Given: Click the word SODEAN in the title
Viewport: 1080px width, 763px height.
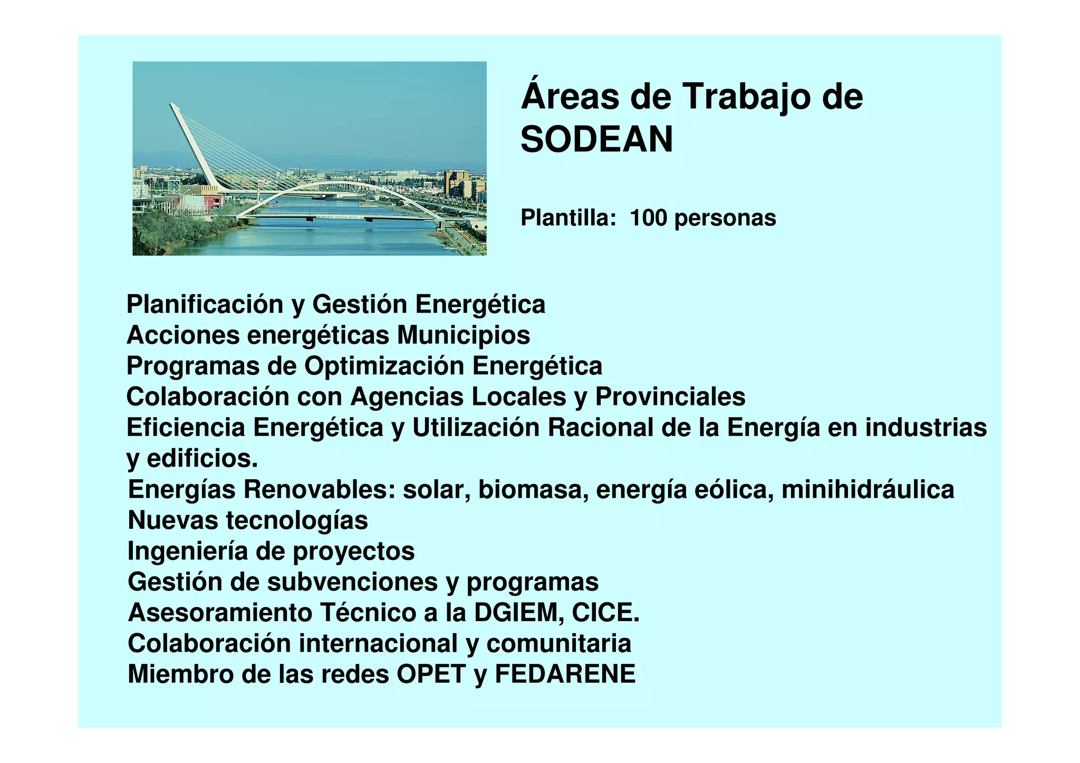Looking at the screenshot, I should pos(596,140).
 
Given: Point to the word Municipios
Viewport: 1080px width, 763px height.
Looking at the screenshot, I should pos(464,335).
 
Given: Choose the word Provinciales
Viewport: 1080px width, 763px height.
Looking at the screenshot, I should pos(670,397).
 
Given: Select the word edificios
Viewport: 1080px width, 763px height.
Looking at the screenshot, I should pos(202,458).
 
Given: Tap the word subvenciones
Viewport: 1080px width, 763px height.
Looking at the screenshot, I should pos(352,582).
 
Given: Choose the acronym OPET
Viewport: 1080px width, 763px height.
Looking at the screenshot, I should pos(431,674).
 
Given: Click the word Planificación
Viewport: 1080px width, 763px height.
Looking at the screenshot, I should pos(205,305).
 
